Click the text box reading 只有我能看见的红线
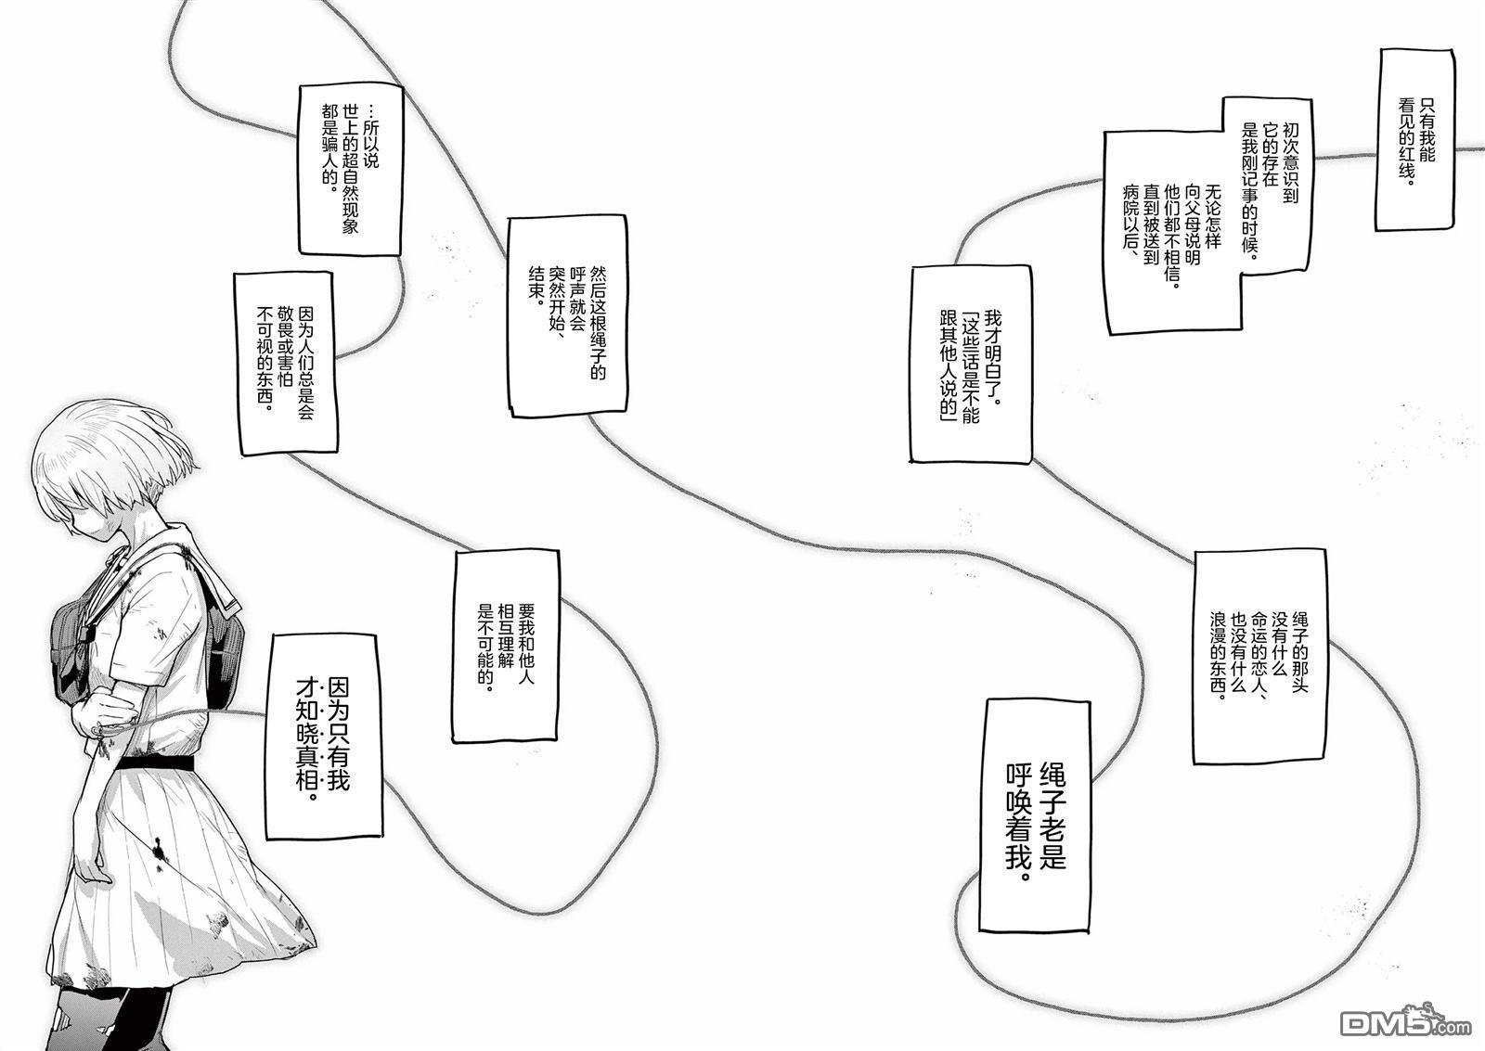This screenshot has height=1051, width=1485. pyautogui.click(x=1414, y=140)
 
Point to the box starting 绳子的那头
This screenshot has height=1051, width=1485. pyautogui.click(x=1259, y=656)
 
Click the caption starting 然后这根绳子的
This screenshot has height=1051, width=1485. pyautogui.click(x=567, y=316)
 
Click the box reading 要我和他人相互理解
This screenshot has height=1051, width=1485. pyautogui.click(x=506, y=647)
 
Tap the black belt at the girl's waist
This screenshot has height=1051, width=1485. pyautogui.click(x=156, y=763)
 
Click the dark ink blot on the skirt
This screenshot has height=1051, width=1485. pyautogui.click(x=159, y=851)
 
